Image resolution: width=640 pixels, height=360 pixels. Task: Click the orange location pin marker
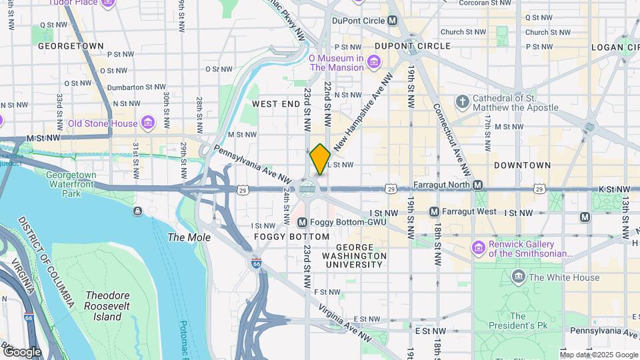pos(320,159)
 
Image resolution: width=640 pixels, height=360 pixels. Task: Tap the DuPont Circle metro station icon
pos(393,21)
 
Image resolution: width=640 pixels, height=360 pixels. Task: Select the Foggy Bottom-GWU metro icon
pos(302,222)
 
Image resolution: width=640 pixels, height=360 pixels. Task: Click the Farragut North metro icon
pos(477,184)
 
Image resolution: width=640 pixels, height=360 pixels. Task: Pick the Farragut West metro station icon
pos(434,212)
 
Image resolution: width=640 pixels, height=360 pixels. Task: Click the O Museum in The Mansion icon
pos(374,63)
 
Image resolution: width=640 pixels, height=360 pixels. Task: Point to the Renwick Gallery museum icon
pos(478,248)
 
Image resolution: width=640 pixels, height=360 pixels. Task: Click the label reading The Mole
pos(189,237)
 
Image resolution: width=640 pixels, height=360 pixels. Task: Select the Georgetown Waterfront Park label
pos(71,184)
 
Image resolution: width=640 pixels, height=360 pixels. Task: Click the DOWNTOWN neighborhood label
pos(523,165)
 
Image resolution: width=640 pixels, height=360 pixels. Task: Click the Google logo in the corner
pos(23,351)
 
